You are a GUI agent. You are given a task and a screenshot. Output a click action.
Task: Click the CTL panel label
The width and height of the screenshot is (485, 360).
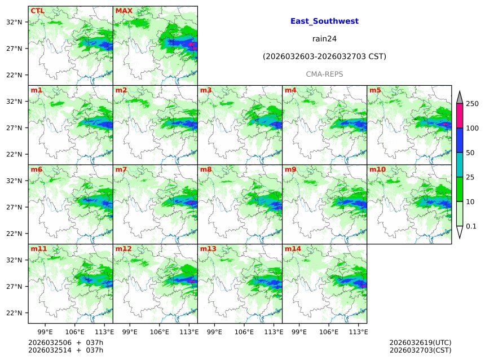(37, 11)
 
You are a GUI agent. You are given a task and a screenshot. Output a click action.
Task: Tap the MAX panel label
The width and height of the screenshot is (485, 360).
(124, 11)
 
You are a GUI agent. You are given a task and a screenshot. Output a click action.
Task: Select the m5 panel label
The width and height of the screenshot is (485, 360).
(375, 90)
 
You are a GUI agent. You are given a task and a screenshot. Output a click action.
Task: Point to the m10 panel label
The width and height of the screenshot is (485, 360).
(377, 169)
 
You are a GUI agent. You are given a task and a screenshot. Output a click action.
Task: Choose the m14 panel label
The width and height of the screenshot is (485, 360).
(293, 248)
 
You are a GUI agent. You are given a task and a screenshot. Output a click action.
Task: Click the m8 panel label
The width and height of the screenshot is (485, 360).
(206, 169)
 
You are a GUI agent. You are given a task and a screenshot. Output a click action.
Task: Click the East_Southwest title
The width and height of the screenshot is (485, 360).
(324, 21)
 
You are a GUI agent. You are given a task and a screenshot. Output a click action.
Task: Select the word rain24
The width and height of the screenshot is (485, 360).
(324, 39)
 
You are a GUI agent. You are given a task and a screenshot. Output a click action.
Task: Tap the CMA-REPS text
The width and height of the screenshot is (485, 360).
(324, 74)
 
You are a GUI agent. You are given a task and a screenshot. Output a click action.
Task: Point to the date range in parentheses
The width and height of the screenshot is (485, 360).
(324, 56)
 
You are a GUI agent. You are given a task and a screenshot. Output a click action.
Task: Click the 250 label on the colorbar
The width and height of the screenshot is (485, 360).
(472, 104)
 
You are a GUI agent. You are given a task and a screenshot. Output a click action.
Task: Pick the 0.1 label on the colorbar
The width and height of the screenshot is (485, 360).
(471, 226)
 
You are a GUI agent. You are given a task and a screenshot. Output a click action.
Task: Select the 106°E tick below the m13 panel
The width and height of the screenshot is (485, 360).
(244, 331)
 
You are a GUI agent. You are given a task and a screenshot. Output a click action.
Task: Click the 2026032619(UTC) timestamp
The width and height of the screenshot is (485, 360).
(420, 343)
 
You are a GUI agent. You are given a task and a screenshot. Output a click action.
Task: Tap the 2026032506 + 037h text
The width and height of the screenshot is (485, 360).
(62, 343)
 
